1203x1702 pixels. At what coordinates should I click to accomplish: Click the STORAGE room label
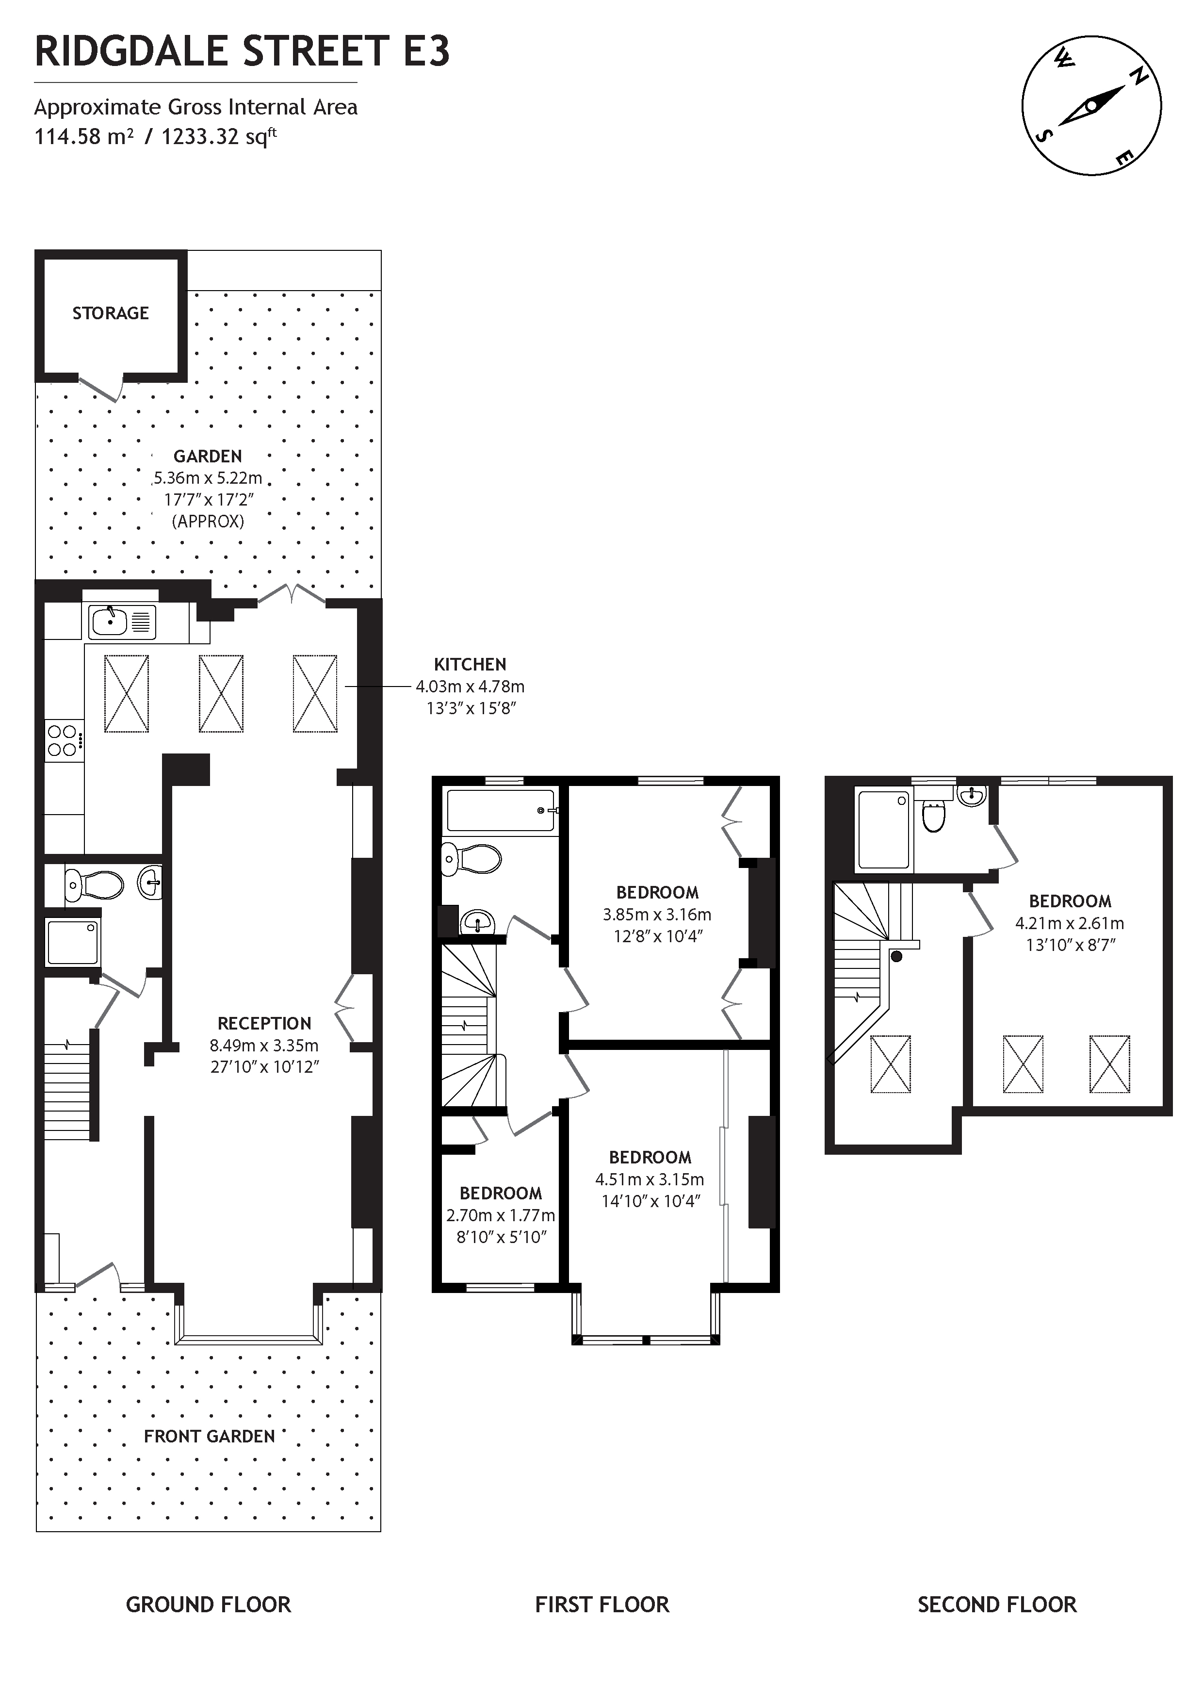pyautogui.click(x=111, y=313)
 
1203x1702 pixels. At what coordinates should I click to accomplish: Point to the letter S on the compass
pyautogui.click(x=1046, y=135)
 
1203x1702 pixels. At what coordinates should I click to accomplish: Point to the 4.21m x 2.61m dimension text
pyautogui.click(x=1070, y=924)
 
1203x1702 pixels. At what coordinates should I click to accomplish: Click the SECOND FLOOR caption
pyautogui.click(x=997, y=1605)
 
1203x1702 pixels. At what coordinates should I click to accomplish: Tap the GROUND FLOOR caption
pyautogui.click(x=208, y=1605)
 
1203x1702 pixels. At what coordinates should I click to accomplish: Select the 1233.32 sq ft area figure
pyautogui.click(x=219, y=136)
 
